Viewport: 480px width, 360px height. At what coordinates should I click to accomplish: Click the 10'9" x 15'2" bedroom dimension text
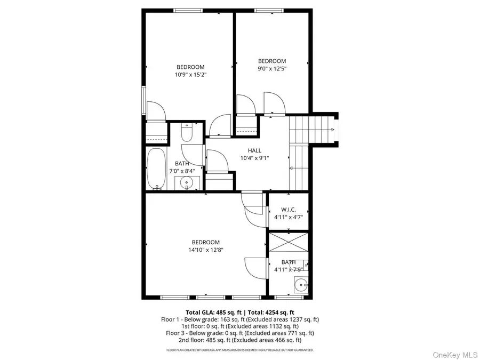(190, 75)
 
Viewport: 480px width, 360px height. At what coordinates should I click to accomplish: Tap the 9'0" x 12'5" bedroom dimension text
(272, 69)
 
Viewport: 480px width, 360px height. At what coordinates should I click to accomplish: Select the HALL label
(254, 150)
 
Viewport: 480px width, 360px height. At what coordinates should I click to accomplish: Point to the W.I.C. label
(289, 210)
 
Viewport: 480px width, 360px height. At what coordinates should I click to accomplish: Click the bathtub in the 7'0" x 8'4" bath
(156, 169)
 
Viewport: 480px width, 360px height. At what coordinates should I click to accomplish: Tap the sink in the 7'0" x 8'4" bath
(187, 183)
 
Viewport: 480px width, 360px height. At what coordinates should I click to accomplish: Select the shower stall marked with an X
(289, 243)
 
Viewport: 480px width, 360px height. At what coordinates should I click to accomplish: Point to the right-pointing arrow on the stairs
(332, 130)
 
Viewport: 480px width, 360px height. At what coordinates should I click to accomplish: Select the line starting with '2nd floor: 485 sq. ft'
(240, 340)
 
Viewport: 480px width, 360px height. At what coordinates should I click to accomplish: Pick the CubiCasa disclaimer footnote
(240, 350)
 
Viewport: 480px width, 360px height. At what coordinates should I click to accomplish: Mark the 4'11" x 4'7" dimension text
(289, 218)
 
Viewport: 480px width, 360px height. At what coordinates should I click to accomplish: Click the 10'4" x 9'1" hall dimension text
(254, 158)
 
